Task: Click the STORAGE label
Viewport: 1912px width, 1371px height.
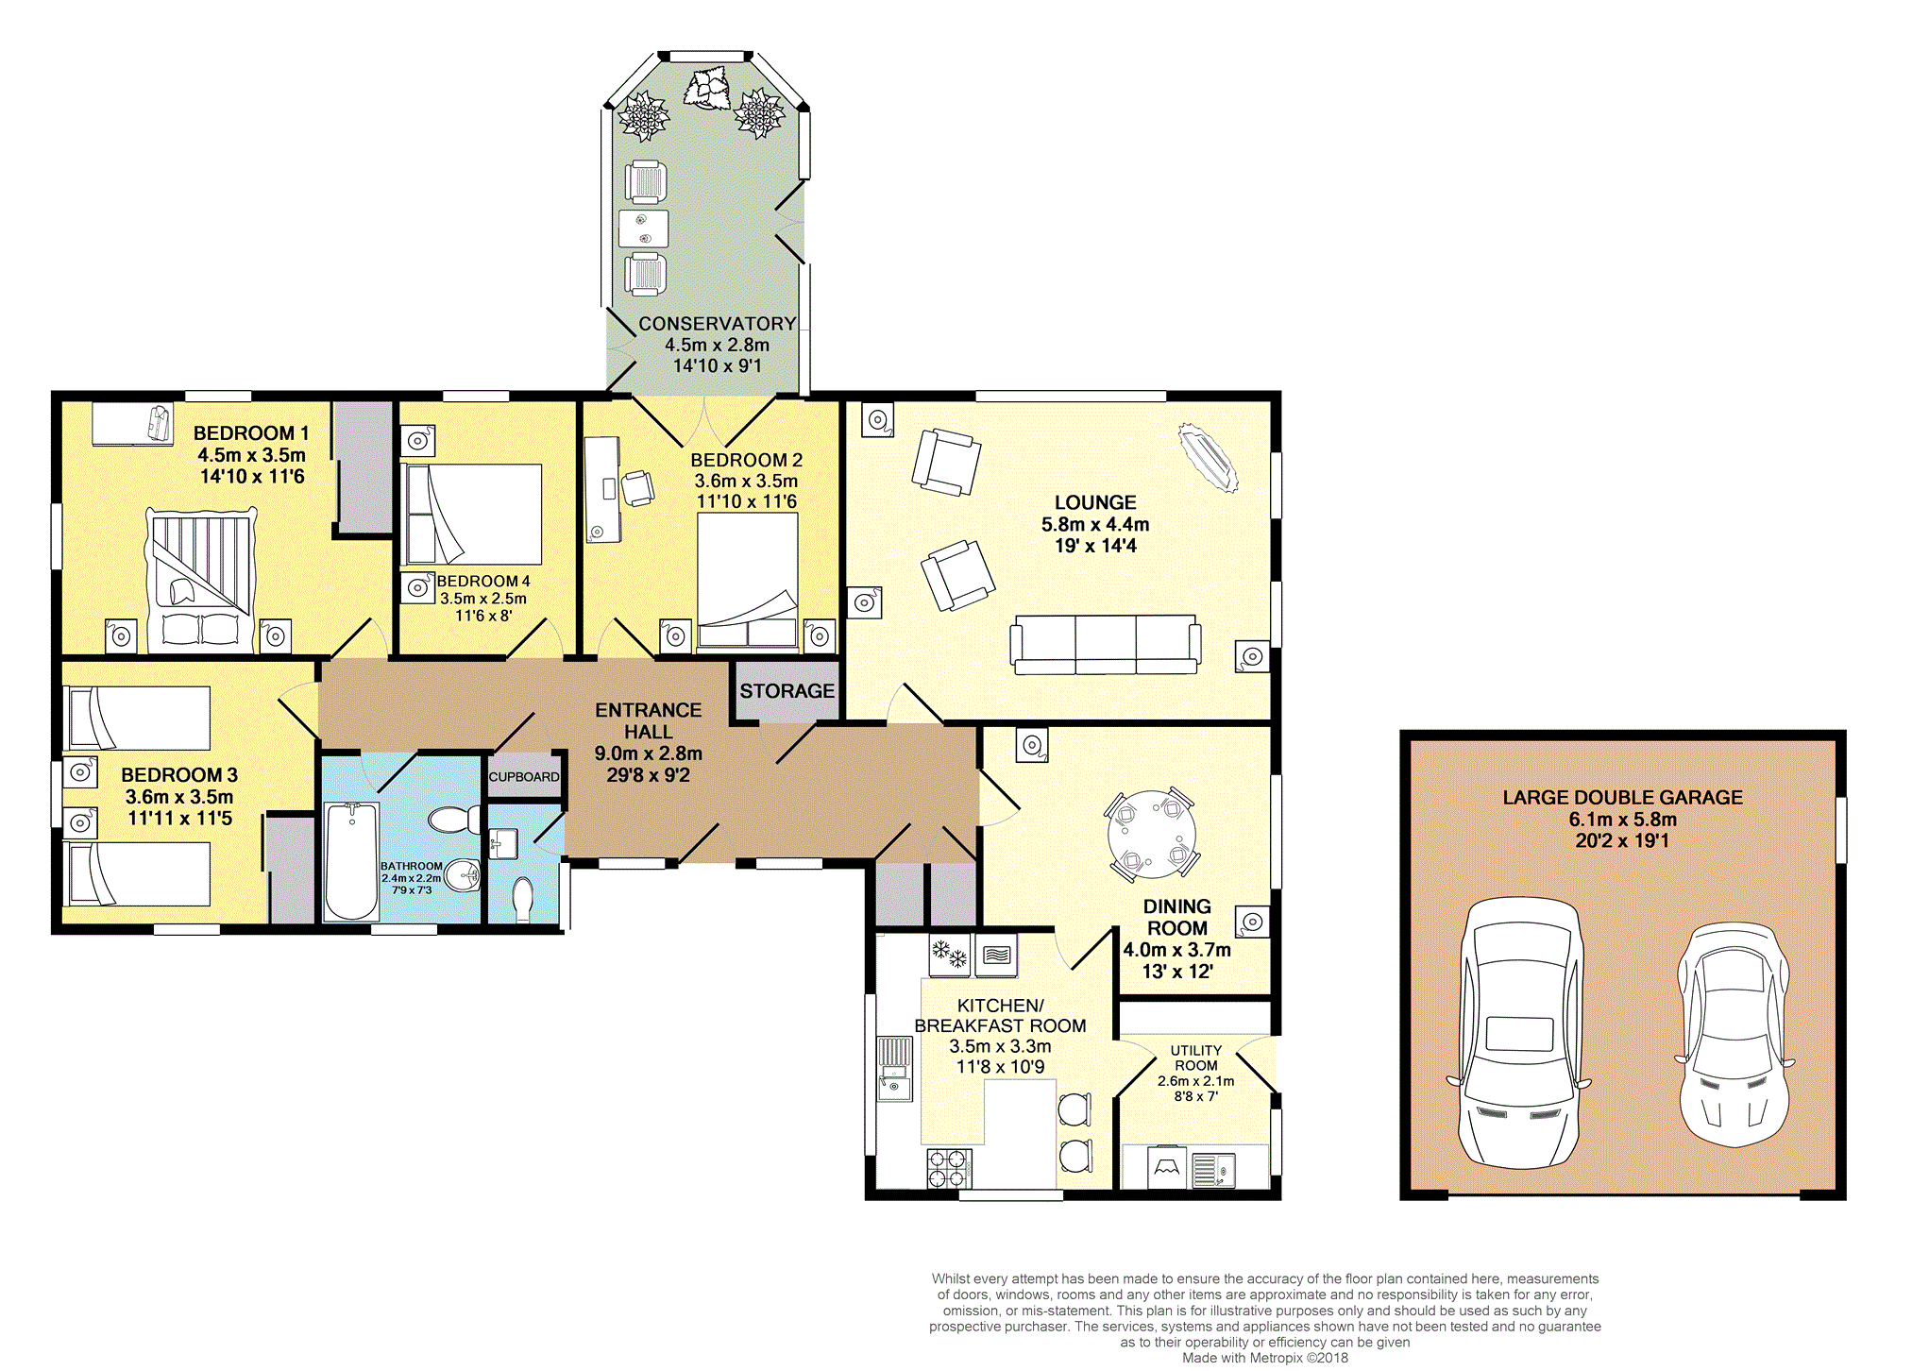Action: click(787, 691)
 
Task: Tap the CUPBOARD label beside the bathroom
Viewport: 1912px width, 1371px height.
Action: click(524, 777)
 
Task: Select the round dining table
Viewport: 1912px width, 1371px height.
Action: click(1152, 835)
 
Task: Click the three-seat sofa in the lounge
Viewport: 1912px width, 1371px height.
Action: click(1106, 644)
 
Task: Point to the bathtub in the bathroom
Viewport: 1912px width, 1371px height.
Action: click(351, 860)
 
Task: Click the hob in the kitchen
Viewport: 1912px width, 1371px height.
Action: click(949, 1167)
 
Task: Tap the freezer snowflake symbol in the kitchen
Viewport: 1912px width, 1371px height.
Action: click(950, 954)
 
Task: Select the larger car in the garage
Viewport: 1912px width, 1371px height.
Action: click(1520, 1033)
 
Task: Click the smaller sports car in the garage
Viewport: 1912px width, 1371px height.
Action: click(1734, 1035)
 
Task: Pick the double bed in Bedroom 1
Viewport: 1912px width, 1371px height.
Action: click(201, 580)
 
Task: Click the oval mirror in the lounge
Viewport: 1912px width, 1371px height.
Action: click(1209, 458)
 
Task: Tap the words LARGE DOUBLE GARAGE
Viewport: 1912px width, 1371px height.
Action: click(1622, 798)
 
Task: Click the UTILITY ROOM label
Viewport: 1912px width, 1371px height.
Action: click(1196, 1058)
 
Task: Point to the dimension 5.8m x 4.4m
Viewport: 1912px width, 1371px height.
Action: click(1095, 524)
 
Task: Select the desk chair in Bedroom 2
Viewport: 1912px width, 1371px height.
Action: click(637, 488)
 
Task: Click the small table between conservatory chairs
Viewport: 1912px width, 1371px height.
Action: click(644, 228)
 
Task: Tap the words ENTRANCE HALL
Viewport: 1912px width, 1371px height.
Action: click(649, 720)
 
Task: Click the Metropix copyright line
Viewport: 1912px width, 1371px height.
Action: click(1265, 1358)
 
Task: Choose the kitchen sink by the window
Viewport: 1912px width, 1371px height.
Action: click(894, 1070)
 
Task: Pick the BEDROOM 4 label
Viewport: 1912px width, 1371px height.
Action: click(483, 582)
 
